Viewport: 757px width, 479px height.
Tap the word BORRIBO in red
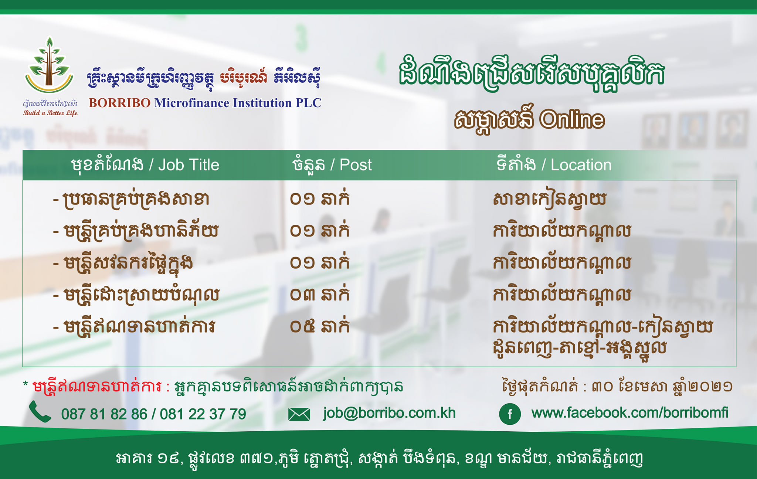point(119,103)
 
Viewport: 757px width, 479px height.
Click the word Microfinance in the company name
point(191,103)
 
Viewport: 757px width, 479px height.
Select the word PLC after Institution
point(308,103)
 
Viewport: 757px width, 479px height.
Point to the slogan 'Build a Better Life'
point(50,113)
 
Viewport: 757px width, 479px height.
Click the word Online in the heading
point(572,119)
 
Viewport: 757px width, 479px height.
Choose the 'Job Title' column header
point(189,165)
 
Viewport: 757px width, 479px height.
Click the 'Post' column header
point(356,165)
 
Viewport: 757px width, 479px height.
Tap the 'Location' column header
point(581,165)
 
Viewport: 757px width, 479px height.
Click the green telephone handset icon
point(40,411)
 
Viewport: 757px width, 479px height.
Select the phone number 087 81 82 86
point(104,414)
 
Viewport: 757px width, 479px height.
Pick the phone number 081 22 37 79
point(203,414)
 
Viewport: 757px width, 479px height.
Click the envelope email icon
point(299,414)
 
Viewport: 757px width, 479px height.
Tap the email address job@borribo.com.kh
point(390,413)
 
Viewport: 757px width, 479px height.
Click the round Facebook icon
point(510,414)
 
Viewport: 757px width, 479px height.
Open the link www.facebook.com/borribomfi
point(630,412)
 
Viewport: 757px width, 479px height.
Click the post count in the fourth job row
point(319,294)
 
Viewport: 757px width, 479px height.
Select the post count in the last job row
point(319,326)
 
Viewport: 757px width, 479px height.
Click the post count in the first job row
point(319,198)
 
